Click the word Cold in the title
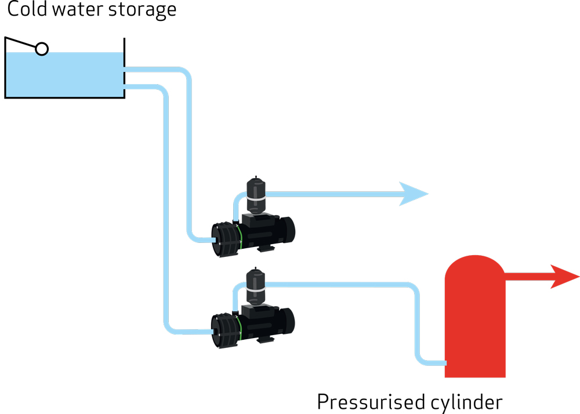click(x=27, y=10)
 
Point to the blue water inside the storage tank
click(x=64, y=75)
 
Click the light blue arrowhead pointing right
click(x=414, y=194)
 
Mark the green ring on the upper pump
click(x=238, y=238)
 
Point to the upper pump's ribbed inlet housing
click(x=224, y=238)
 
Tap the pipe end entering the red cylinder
click(x=442, y=363)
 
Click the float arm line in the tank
click(x=21, y=43)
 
